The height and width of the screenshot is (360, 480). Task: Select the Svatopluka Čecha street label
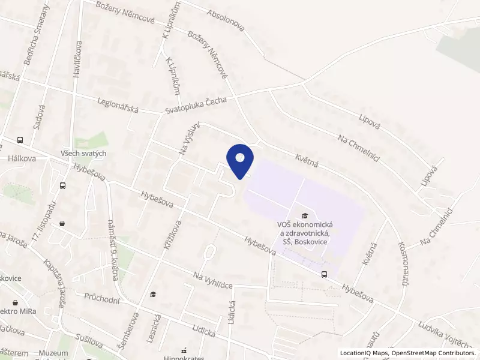(196, 106)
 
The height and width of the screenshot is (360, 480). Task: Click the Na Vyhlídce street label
(212, 281)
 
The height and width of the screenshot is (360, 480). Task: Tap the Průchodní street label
(103, 296)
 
